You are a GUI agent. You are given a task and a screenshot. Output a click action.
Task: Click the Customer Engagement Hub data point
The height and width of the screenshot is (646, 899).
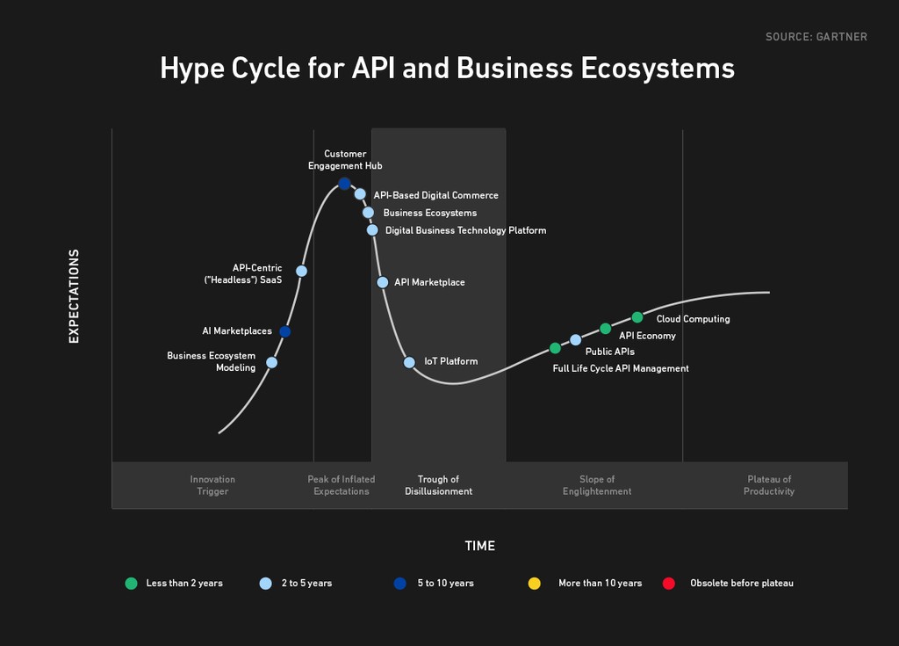click(344, 184)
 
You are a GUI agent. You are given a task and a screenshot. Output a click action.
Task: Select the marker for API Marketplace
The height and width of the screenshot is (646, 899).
click(383, 282)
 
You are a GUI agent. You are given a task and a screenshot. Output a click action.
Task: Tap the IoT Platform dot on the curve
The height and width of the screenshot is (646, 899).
click(409, 362)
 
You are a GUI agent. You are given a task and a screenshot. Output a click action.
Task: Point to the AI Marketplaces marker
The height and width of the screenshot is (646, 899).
click(285, 331)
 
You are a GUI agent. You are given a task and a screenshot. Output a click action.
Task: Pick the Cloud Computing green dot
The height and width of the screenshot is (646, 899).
click(637, 317)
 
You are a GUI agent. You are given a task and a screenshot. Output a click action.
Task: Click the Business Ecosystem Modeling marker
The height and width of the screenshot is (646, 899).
click(272, 362)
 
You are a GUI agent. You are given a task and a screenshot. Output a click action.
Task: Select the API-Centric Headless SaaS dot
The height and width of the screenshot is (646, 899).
click(302, 271)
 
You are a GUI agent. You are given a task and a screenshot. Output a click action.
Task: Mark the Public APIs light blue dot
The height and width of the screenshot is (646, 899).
click(576, 340)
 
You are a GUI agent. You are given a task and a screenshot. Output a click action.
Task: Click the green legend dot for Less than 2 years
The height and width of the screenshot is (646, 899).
click(132, 584)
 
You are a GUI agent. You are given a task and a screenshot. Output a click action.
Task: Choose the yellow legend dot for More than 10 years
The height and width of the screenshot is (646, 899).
click(535, 584)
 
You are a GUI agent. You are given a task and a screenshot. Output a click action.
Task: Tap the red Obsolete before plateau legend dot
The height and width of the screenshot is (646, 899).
click(668, 584)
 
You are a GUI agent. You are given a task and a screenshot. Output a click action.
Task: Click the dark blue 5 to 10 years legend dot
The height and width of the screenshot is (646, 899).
click(400, 584)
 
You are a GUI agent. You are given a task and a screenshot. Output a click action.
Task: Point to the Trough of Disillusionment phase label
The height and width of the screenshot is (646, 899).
click(439, 485)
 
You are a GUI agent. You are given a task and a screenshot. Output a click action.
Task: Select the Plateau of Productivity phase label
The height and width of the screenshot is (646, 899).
click(769, 485)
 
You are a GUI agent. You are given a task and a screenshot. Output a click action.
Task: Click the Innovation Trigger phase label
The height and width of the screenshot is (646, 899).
click(212, 485)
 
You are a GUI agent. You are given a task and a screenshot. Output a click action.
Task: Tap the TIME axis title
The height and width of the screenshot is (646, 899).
click(480, 546)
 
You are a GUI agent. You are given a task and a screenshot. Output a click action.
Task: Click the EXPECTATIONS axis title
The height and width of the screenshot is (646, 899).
click(74, 296)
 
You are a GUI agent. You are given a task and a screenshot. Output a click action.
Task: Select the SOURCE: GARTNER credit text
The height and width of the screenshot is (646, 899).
click(816, 37)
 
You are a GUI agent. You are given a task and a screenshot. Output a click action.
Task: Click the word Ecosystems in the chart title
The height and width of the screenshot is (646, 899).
click(658, 69)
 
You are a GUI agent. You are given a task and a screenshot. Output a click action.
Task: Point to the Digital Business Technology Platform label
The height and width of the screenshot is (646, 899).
click(465, 230)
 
